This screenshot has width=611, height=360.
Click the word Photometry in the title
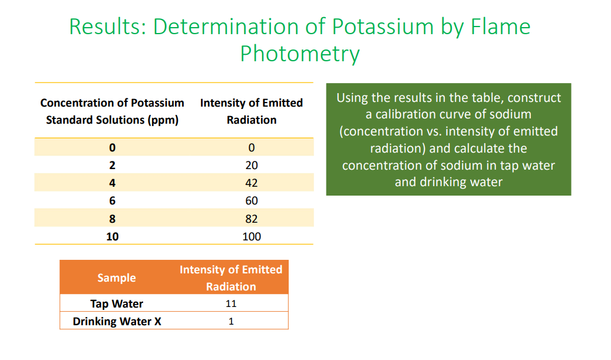click(299, 54)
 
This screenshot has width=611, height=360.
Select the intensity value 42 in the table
click(252, 183)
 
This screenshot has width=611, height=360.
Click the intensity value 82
click(252, 219)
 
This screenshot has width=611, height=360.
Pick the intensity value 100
click(252, 237)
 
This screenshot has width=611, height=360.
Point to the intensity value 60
click(252, 201)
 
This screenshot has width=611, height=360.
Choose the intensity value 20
click(252, 166)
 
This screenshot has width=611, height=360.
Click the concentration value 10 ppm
click(112, 237)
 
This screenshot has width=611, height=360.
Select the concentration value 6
click(112, 201)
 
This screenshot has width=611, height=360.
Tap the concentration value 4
click(112, 183)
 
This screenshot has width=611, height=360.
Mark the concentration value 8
click(112, 219)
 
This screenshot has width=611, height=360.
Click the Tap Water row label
click(117, 304)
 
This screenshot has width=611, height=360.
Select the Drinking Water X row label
click(117, 322)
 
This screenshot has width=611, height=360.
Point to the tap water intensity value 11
click(231, 304)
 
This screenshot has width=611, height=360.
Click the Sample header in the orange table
click(117, 278)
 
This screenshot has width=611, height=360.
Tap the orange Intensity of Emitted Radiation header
click(231, 278)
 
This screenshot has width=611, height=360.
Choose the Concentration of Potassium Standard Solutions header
click(112, 111)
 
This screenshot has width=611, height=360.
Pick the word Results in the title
click(106, 27)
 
